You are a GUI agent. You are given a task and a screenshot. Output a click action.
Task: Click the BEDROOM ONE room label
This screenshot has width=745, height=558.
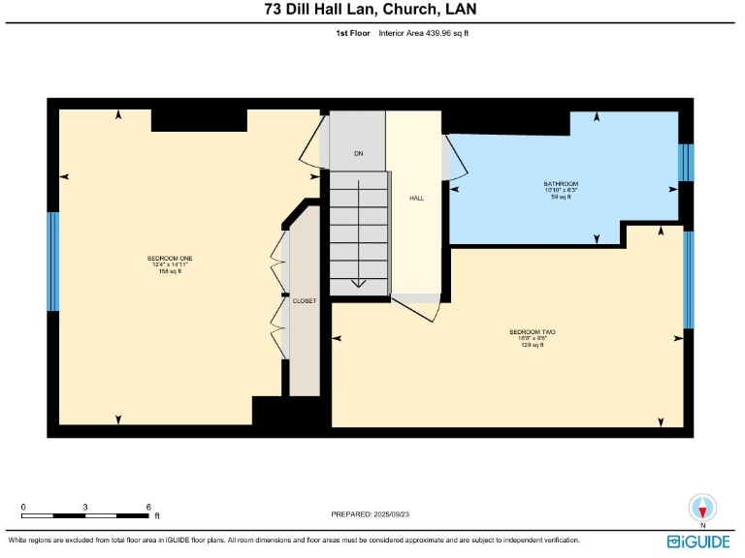tap(170, 259)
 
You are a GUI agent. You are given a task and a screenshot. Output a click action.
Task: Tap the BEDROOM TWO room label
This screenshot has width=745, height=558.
tap(532, 332)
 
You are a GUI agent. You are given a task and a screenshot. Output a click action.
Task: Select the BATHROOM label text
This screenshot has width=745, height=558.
tap(561, 184)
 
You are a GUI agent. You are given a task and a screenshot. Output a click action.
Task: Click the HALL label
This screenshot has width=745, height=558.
tap(416, 198)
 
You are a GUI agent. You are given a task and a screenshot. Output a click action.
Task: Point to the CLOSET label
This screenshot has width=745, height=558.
tap(305, 301)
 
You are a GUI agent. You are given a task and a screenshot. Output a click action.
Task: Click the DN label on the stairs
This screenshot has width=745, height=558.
tap(358, 154)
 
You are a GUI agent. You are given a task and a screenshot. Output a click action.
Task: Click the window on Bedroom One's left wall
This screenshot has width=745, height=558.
tap(53, 262)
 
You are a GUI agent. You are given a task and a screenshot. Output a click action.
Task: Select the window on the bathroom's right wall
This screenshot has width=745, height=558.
tap(686, 162)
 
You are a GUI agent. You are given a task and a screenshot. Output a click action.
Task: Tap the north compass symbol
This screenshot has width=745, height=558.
tap(701, 509)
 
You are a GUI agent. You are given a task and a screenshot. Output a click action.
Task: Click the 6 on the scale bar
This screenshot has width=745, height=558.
tap(148, 507)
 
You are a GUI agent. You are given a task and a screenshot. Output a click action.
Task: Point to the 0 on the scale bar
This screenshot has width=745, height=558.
tap(23, 507)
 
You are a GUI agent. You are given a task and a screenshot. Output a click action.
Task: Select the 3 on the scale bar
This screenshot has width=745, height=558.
tap(85, 507)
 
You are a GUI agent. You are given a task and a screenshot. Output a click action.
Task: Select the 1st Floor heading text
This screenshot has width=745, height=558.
tap(352, 33)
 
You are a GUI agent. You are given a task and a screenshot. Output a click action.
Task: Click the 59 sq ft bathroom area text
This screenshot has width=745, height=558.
tap(561, 197)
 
